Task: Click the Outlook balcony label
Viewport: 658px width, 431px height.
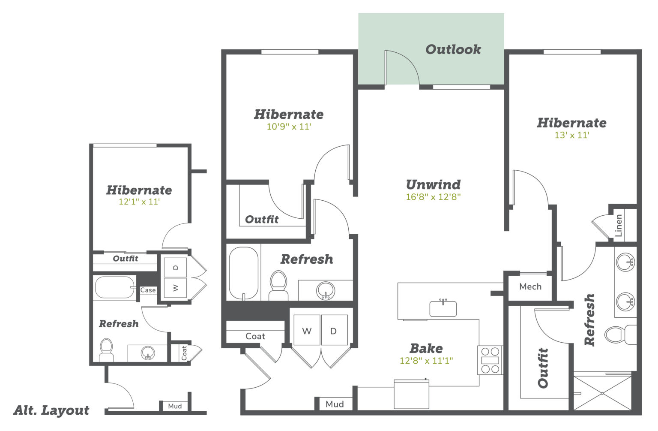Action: [453, 49]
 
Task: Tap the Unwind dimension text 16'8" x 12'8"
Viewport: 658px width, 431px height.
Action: [433, 197]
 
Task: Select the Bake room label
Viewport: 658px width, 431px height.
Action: [426, 348]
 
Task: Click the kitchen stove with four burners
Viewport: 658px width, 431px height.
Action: [490, 360]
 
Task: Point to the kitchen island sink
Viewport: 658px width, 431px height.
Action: [443, 308]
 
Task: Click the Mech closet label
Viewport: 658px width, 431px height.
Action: [530, 286]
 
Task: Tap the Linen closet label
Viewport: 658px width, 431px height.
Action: [619, 226]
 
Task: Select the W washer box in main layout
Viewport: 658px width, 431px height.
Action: [307, 330]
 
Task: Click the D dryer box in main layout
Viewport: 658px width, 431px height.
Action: [335, 330]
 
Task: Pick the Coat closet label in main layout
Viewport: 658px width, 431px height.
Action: [255, 336]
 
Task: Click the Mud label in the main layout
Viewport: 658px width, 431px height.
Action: [335, 404]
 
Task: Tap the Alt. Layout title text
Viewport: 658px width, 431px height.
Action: [51, 410]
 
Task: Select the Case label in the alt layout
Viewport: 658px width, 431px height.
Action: [148, 290]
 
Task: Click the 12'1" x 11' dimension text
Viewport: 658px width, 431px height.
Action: [139, 202]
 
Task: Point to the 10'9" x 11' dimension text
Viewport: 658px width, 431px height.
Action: [289, 127]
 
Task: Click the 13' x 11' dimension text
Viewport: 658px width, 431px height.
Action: [571, 135]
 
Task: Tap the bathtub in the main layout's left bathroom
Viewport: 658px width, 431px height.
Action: [243, 273]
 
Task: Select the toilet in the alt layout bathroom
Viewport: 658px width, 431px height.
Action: [106, 350]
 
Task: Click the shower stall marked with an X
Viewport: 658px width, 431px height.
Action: [602, 393]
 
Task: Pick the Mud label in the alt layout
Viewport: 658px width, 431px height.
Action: [175, 406]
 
